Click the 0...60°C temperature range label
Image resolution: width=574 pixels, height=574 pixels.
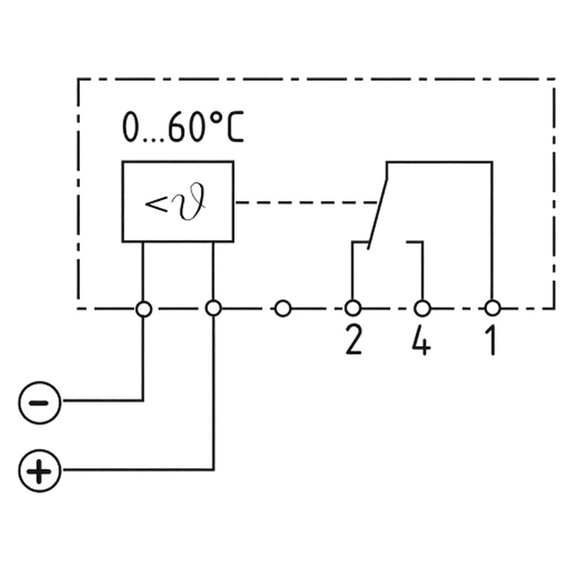click(x=183, y=128)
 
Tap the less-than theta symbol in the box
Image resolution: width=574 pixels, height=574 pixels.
click(x=178, y=202)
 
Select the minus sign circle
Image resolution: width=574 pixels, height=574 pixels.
click(x=39, y=400)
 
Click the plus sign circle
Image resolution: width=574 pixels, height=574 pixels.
click(x=39, y=470)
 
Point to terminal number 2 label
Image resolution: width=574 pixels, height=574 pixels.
click(x=353, y=341)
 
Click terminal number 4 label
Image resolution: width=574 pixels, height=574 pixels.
click(x=421, y=341)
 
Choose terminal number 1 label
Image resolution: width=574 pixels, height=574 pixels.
click(x=491, y=341)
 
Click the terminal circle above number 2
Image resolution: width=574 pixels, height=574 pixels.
click(x=352, y=309)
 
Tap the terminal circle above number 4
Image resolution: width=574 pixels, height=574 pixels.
click(x=422, y=309)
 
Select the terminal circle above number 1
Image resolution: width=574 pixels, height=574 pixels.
click(x=492, y=309)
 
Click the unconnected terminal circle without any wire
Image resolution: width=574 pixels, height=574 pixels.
click(x=283, y=309)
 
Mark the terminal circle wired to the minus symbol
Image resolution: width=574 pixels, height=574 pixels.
click(x=143, y=309)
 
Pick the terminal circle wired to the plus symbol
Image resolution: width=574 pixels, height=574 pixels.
click(x=213, y=309)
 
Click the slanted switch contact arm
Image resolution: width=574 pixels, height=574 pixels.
click(x=378, y=204)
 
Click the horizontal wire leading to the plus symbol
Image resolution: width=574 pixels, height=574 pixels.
click(x=135, y=469)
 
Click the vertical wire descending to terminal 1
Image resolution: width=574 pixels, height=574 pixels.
click(x=492, y=233)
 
